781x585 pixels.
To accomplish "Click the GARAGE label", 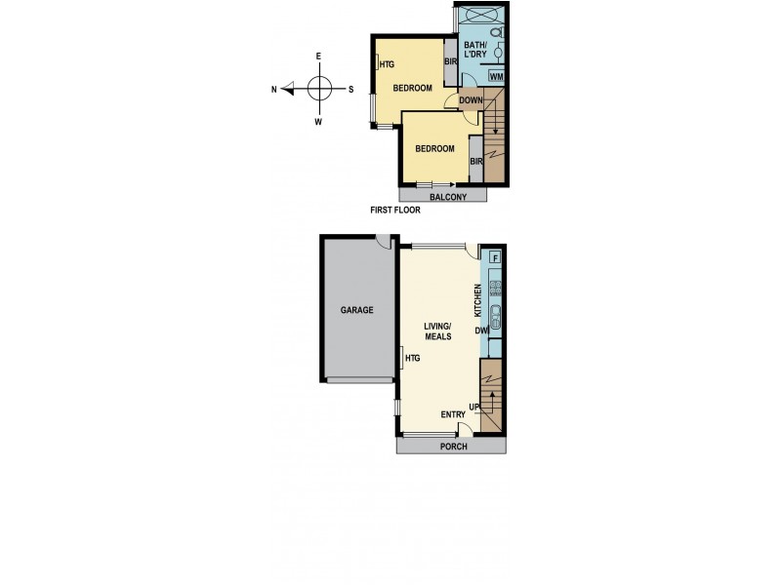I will click(x=356, y=310).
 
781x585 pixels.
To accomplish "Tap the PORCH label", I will click(x=453, y=447).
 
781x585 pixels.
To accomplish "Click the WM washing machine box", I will click(x=496, y=76).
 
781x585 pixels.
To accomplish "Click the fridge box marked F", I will click(x=495, y=258).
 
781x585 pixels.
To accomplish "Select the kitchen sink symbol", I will click(x=495, y=314).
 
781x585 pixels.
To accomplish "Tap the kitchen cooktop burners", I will click(x=495, y=288).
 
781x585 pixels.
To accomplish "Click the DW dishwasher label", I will click(x=481, y=331).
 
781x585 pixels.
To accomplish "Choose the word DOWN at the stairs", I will click(x=470, y=99).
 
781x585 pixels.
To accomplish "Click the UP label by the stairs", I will click(x=475, y=406).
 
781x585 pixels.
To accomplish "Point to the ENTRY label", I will click(x=453, y=414).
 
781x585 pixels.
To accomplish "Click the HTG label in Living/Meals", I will click(x=413, y=359).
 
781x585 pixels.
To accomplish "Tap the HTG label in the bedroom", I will click(x=387, y=65).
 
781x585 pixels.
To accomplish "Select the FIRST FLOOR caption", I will click(x=394, y=210).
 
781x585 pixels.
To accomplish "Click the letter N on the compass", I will click(x=274, y=90).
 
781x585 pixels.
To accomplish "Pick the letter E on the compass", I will click(x=318, y=57).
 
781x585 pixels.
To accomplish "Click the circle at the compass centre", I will click(x=318, y=90).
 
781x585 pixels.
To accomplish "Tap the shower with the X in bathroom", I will click(x=478, y=17).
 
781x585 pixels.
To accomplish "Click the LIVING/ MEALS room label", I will click(x=437, y=331).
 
